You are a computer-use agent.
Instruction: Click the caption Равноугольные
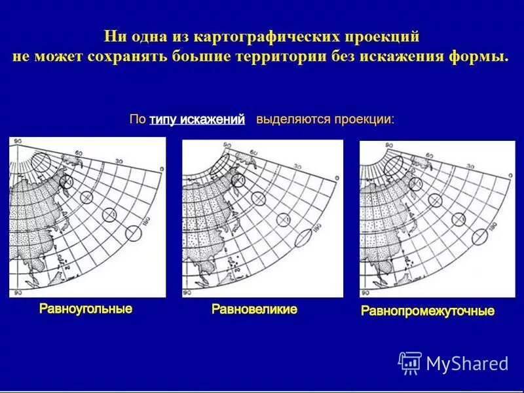pyautogui.click(x=86, y=309)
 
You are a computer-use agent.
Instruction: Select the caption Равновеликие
pyautogui.click(x=254, y=309)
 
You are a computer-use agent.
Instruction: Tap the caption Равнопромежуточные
pyautogui.click(x=428, y=310)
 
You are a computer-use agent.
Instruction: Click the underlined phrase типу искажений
pyautogui.click(x=197, y=120)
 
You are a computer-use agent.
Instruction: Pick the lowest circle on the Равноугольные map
pyautogui.click(x=134, y=233)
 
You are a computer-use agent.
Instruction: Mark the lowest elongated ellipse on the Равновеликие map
pyautogui.click(x=305, y=238)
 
